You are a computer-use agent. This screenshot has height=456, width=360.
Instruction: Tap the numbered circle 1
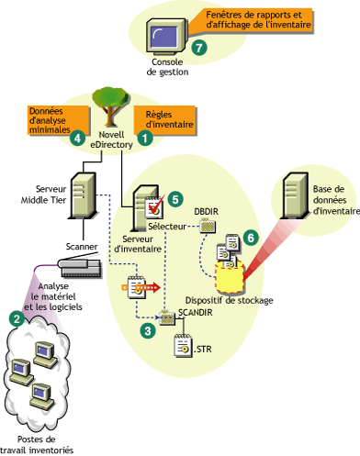(143, 136)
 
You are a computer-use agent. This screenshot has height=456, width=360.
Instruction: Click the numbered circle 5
(176, 197)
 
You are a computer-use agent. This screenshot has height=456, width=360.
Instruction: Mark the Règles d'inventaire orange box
(160, 118)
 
